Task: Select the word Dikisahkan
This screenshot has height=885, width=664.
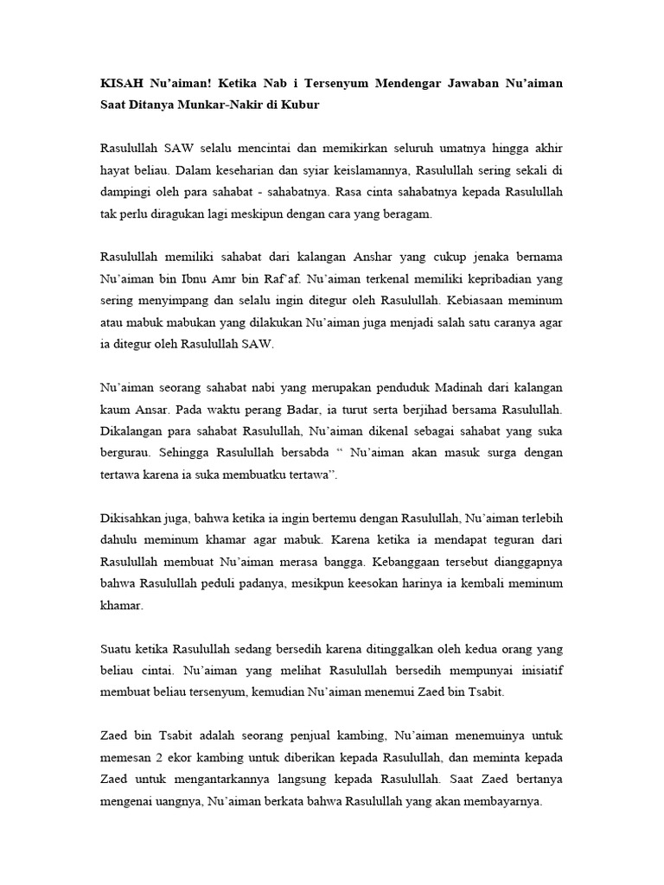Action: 132,519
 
